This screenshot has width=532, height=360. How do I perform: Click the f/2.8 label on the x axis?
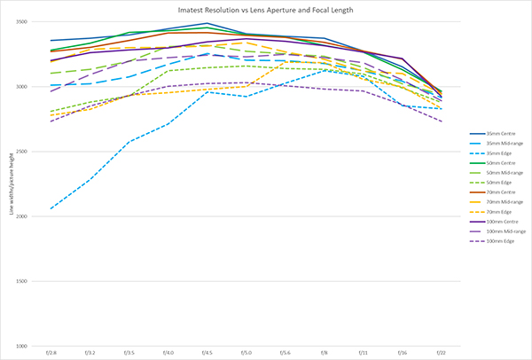pyautogui.click(x=51, y=352)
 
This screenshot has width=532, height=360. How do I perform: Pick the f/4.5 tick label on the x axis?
pyautogui.click(x=207, y=352)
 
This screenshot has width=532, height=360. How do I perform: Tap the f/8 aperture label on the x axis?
pyautogui.click(x=325, y=352)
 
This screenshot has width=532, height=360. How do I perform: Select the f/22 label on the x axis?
pyautogui.click(x=442, y=352)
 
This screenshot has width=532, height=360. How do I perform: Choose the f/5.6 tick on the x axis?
pyautogui.click(x=285, y=352)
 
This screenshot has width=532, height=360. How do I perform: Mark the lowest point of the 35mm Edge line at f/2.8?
pyautogui.click(x=51, y=208)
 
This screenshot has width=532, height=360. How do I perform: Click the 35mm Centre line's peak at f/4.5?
pyautogui.click(x=207, y=23)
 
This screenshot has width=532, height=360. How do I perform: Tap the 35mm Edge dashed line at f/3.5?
pyautogui.click(x=129, y=142)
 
